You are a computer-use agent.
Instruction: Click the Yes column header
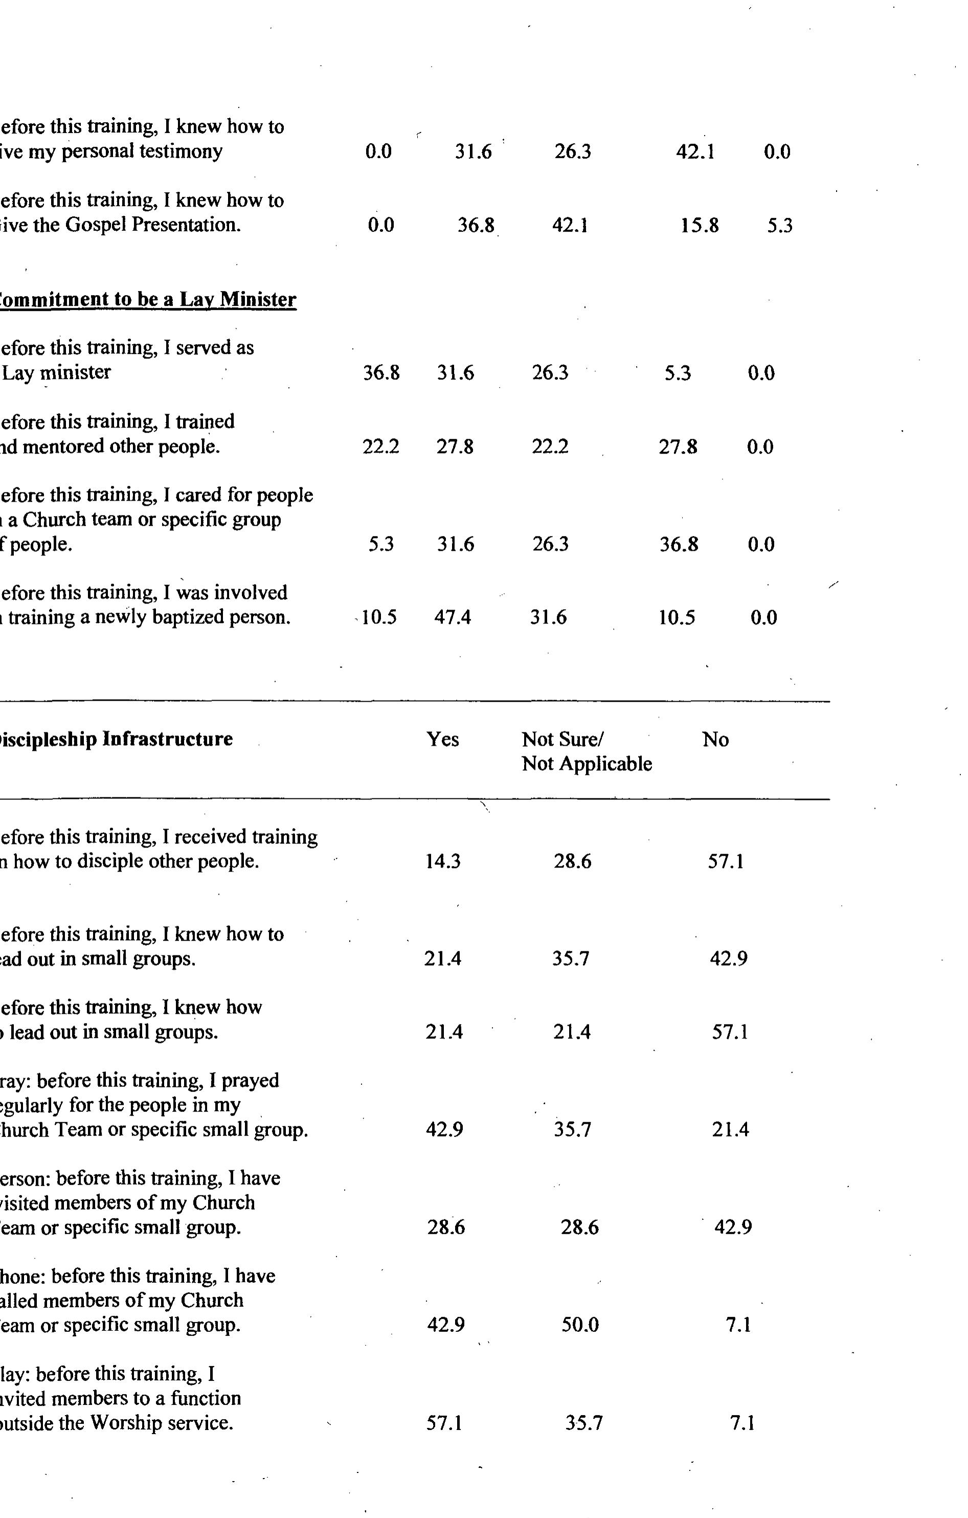pyautogui.click(x=442, y=739)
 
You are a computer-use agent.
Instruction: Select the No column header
pyautogui.click(x=715, y=739)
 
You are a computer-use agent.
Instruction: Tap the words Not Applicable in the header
pyautogui.click(x=587, y=764)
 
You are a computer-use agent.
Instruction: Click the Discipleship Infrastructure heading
pyautogui.click(x=116, y=739)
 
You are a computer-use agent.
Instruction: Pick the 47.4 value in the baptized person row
pyautogui.click(x=453, y=617)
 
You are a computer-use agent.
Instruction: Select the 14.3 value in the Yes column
pyautogui.click(x=442, y=861)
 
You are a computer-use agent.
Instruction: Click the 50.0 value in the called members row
pyautogui.click(x=580, y=1325)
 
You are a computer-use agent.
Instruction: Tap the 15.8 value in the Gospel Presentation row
pyautogui.click(x=699, y=225)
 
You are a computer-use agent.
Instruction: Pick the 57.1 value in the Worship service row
pyautogui.click(x=444, y=1423)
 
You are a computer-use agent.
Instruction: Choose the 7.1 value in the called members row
pyautogui.click(x=738, y=1325)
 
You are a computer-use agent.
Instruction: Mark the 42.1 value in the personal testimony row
pyautogui.click(x=695, y=151)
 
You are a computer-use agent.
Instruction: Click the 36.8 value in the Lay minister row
pyautogui.click(x=381, y=372)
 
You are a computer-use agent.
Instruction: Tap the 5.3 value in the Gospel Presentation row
pyautogui.click(x=780, y=225)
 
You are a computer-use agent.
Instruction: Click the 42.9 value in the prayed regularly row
pyautogui.click(x=444, y=1129)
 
